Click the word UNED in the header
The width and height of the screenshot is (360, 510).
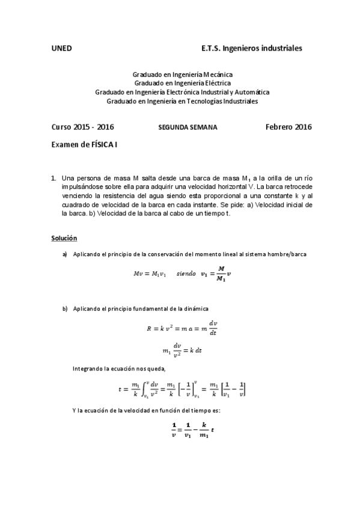pyautogui.click(x=62, y=47)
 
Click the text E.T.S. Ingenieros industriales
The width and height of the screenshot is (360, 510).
pyautogui.click(x=252, y=47)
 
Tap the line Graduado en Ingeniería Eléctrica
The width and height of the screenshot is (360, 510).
pyautogui.click(x=182, y=83)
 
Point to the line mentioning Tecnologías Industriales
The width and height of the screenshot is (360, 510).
pyautogui.click(x=182, y=101)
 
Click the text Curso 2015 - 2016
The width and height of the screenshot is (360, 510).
pyautogui.click(x=83, y=127)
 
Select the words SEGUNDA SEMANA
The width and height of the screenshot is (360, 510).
pyautogui.click(x=188, y=127)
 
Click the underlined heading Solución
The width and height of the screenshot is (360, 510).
pyautogui.click(x=64, y=239)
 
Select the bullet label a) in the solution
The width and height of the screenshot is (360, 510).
pyautogui.click(x=65, y=254)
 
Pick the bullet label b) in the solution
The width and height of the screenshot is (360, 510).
pyautogui.click(x=65, y=309)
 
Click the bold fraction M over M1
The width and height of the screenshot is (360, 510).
pyautogui.click(x=221, y=274)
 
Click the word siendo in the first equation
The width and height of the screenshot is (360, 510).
pyautogui.click(x=186, y=274)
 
